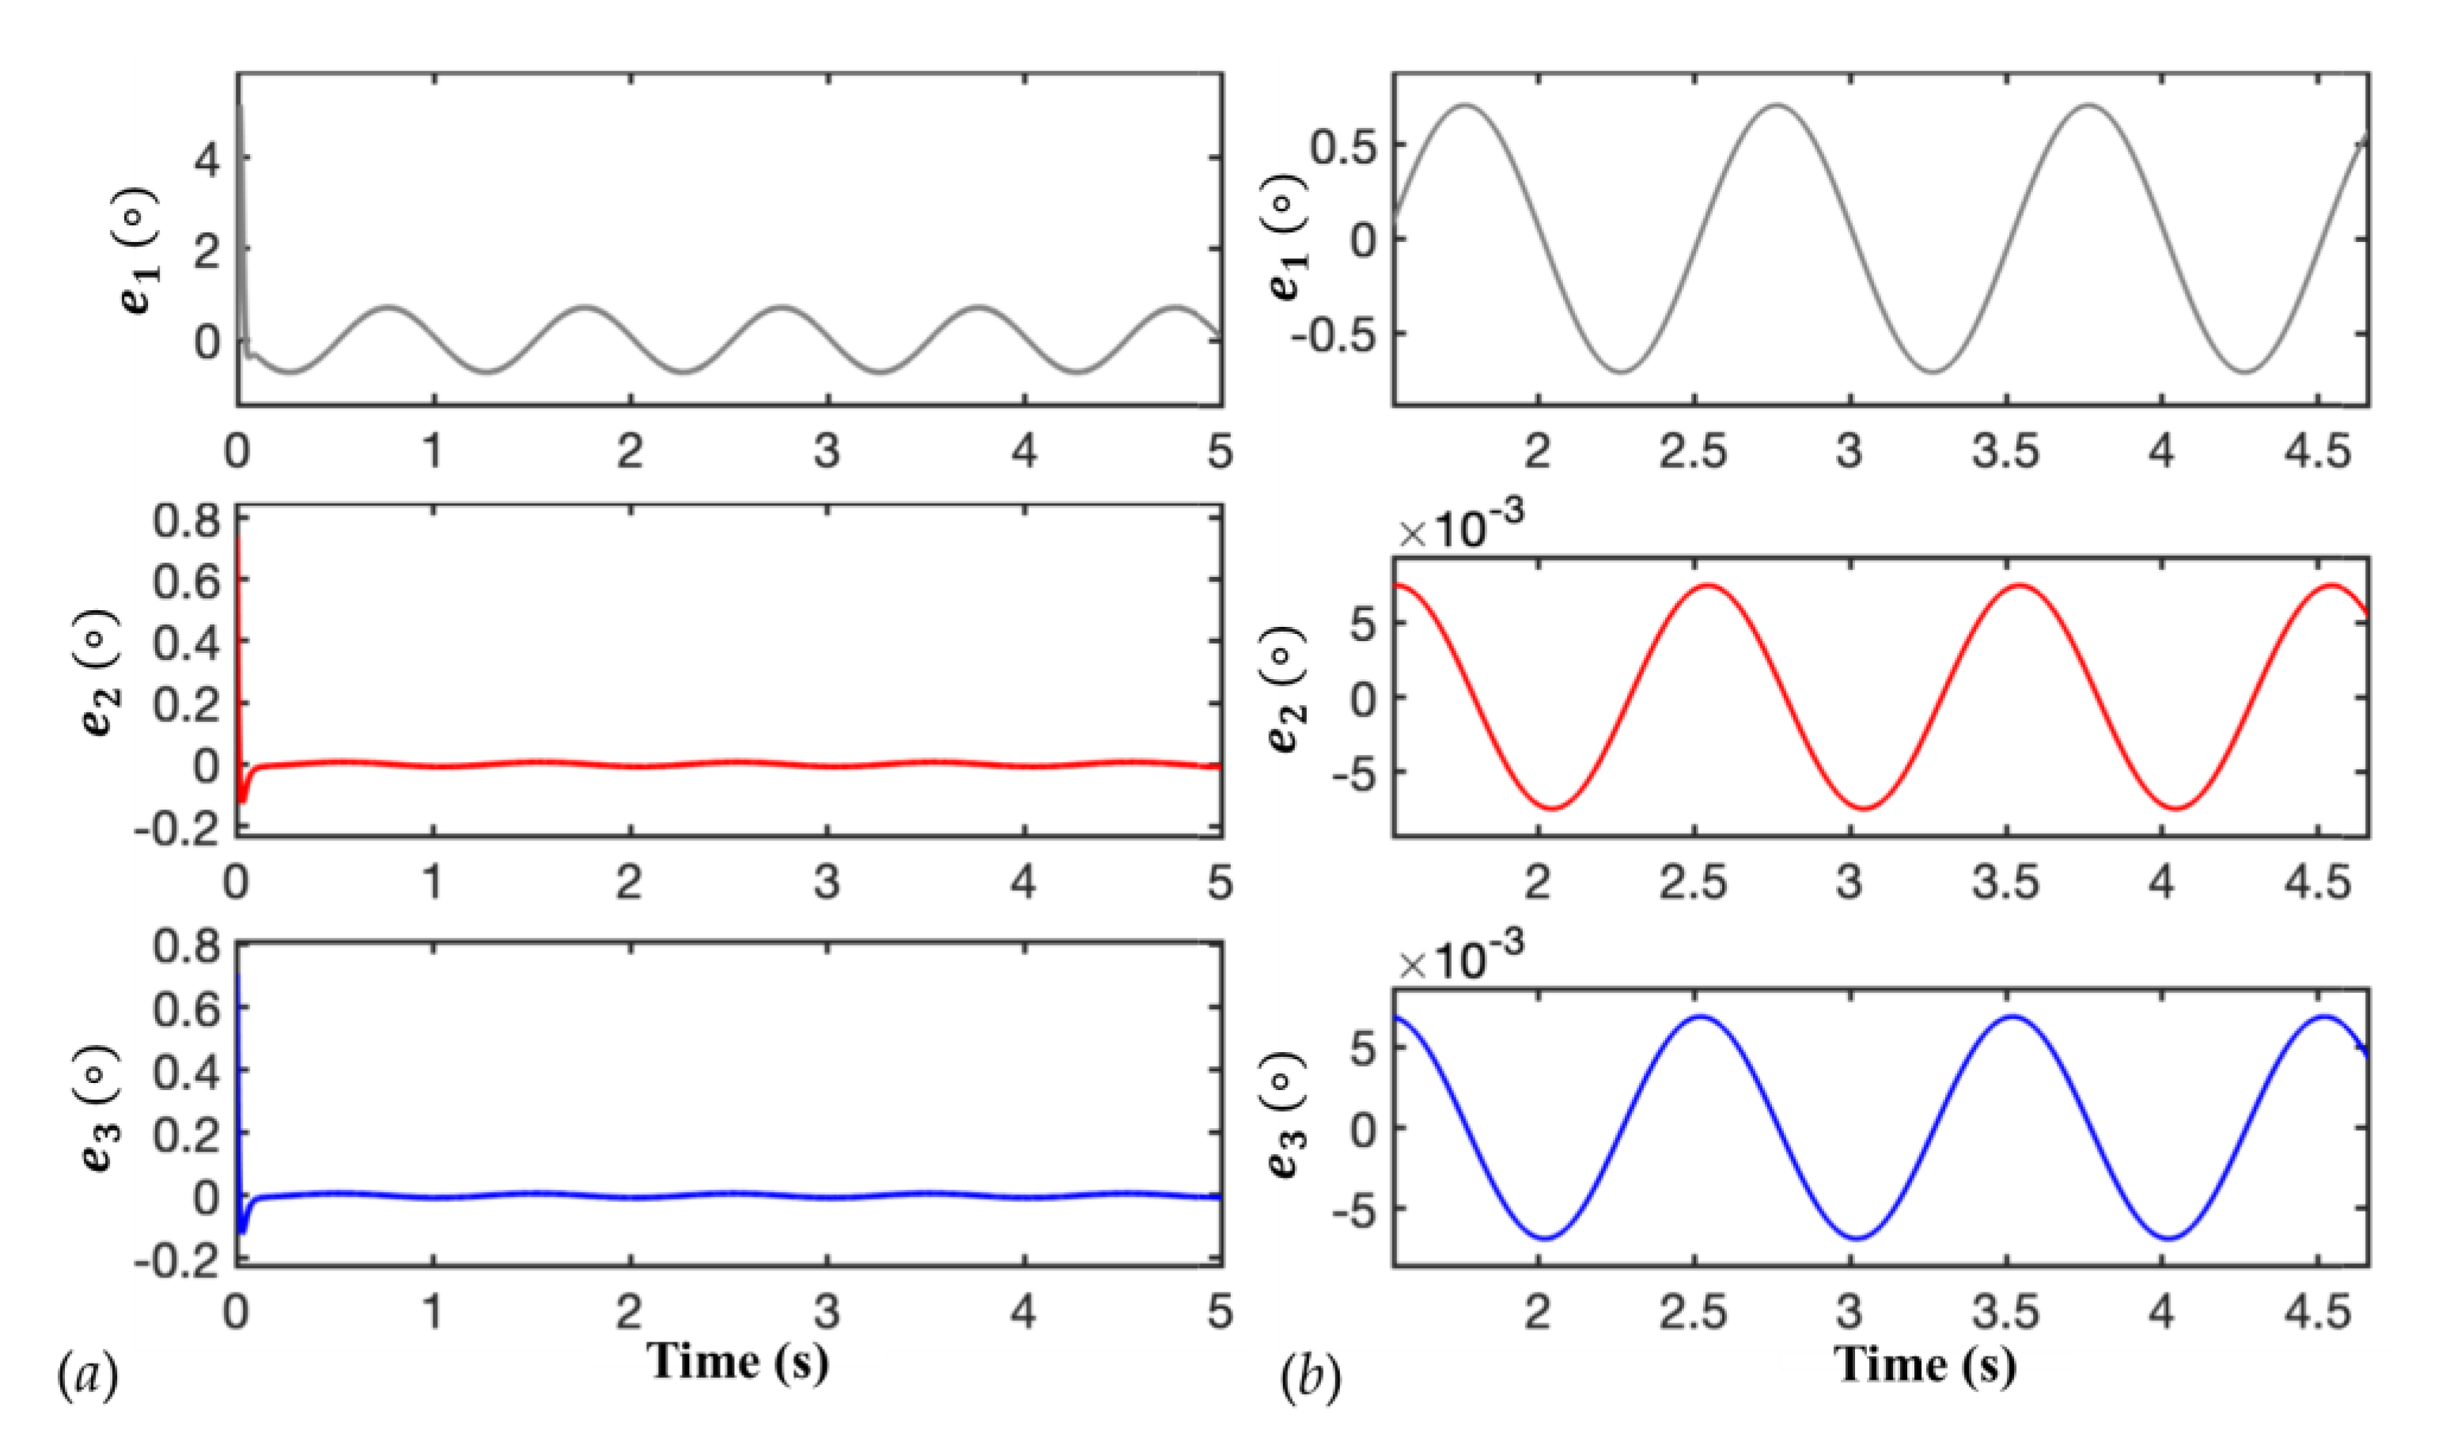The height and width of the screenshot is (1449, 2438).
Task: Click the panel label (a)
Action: click(x=89, y=1377)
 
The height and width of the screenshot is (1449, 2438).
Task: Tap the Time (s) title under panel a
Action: click(x=738, y=1361)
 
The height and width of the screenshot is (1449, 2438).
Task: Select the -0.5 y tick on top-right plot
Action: click(x=1333, y=333)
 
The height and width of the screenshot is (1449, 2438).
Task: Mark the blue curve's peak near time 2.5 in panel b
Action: click(x=1702, y=1017)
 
